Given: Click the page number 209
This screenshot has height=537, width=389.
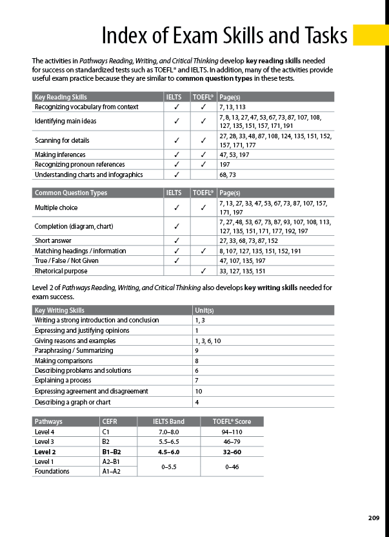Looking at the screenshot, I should click(x=374, y=518).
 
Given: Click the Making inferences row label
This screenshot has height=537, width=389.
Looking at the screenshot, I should click(x=61, y=154).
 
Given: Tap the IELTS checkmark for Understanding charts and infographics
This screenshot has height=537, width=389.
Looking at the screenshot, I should click(x=175, y=174).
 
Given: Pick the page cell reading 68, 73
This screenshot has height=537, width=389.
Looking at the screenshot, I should click(x=228, y=174).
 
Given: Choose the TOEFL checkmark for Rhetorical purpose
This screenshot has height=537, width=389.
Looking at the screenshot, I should click(x=203, y=271).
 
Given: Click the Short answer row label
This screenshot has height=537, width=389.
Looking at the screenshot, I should click(x=54, y=240).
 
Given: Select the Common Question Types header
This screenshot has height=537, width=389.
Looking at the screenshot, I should click(x=71, y=193).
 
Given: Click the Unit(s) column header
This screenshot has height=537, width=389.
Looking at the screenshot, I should click(x=205, y=310).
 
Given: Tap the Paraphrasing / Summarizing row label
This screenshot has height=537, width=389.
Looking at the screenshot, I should click(x=74, y=350).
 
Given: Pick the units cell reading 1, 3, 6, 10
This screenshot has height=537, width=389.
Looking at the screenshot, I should click(x=208, y=341).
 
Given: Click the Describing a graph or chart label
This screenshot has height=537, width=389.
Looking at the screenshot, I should click(x=72, y=402).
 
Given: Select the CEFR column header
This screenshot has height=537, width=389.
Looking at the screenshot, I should click(x=111, y=421).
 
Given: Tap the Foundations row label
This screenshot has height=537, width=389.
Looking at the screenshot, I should click(x=52, y=471).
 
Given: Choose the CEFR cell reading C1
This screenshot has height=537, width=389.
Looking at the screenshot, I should click(x=106, y=432).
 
